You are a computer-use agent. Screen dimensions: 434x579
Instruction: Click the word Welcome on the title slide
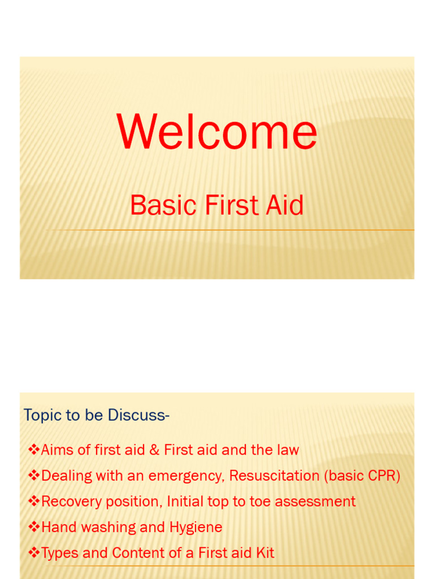click(217, 131)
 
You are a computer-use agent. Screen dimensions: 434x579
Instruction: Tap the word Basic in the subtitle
click(163, 205)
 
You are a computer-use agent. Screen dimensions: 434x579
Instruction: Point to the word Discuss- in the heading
click(139, 415)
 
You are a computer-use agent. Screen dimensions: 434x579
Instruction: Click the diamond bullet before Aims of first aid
click(34, 450)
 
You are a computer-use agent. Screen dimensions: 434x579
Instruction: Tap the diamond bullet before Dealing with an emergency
click(34, 475)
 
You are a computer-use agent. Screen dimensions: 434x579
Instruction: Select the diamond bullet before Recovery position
click(34, 501)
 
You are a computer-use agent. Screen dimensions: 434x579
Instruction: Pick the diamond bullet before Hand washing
click(34, 527)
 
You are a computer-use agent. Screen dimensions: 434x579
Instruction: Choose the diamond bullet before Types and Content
click(34, 553)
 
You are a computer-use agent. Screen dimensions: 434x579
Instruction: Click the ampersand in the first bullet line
click(154, 450)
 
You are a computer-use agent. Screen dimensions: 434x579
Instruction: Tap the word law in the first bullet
click(289, 450)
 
